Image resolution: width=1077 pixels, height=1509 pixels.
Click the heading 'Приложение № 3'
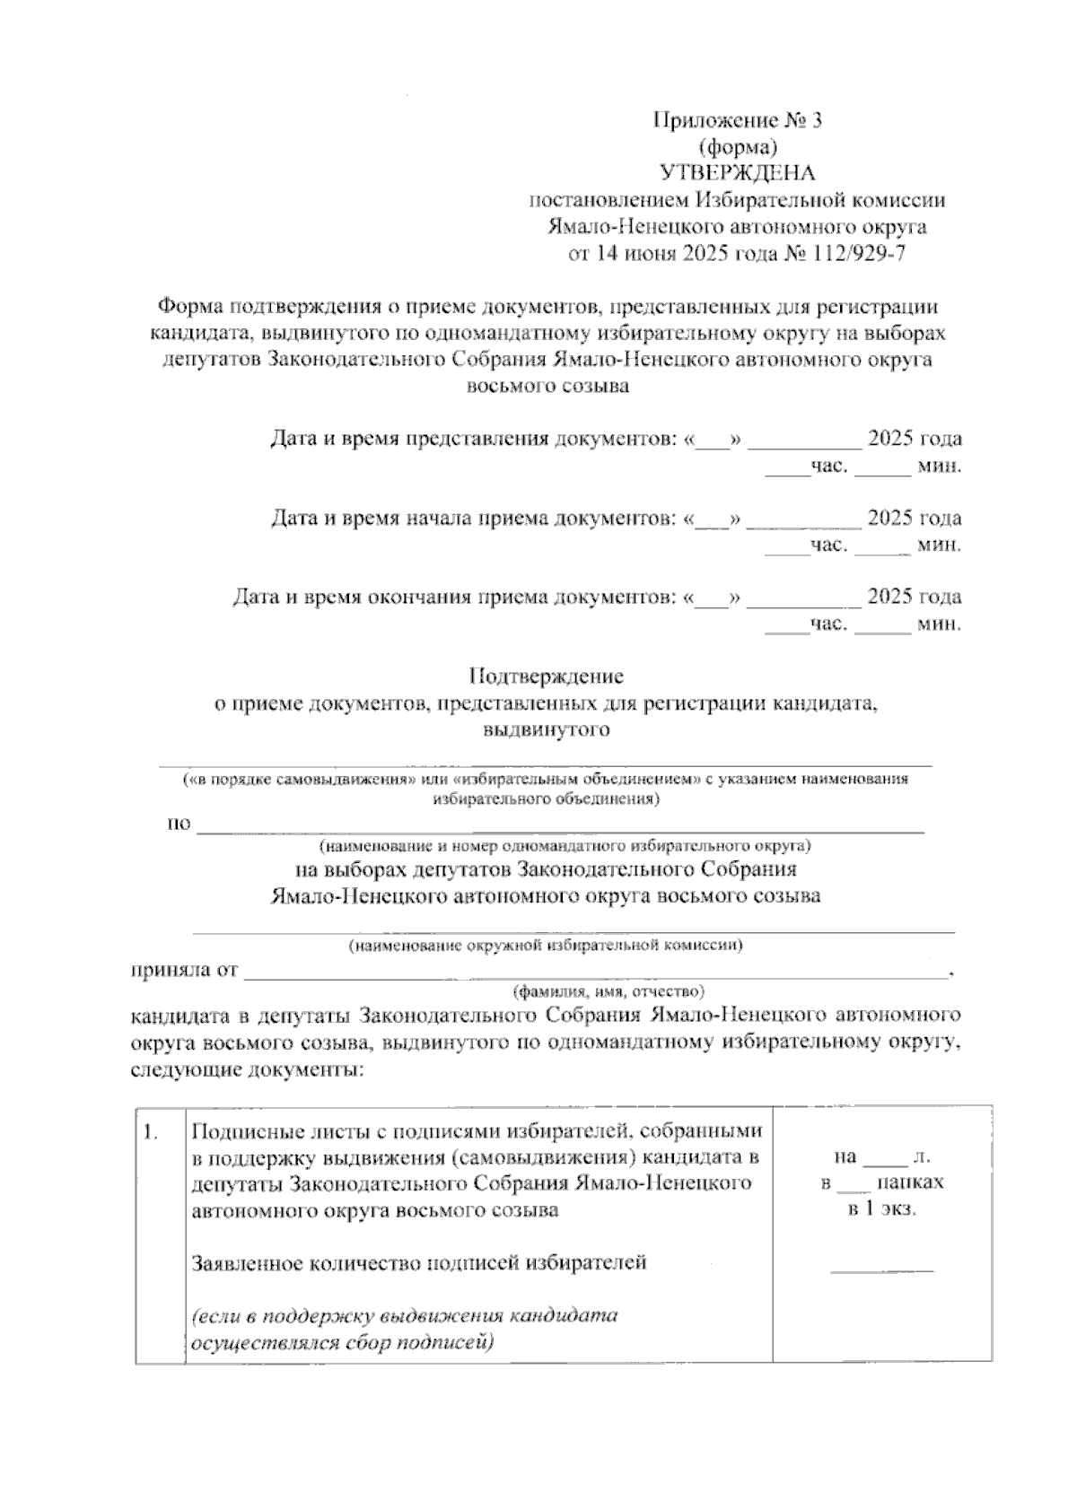coord(737,120)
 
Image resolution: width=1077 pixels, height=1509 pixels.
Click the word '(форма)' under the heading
coord(737,146)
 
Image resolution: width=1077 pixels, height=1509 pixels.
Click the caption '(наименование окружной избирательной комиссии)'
coord(546,945)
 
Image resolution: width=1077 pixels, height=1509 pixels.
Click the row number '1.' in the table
coord(152,1132)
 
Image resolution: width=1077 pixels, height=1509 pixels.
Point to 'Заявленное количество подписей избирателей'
coord(419,1263)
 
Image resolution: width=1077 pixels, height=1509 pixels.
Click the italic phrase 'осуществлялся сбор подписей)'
coord(344,1343)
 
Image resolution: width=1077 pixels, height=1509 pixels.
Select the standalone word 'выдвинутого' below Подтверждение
coord(547,729)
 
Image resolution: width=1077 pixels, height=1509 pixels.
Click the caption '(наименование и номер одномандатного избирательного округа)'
coord(565,845)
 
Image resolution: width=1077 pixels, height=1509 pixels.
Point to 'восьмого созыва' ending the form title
coord(547,388)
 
